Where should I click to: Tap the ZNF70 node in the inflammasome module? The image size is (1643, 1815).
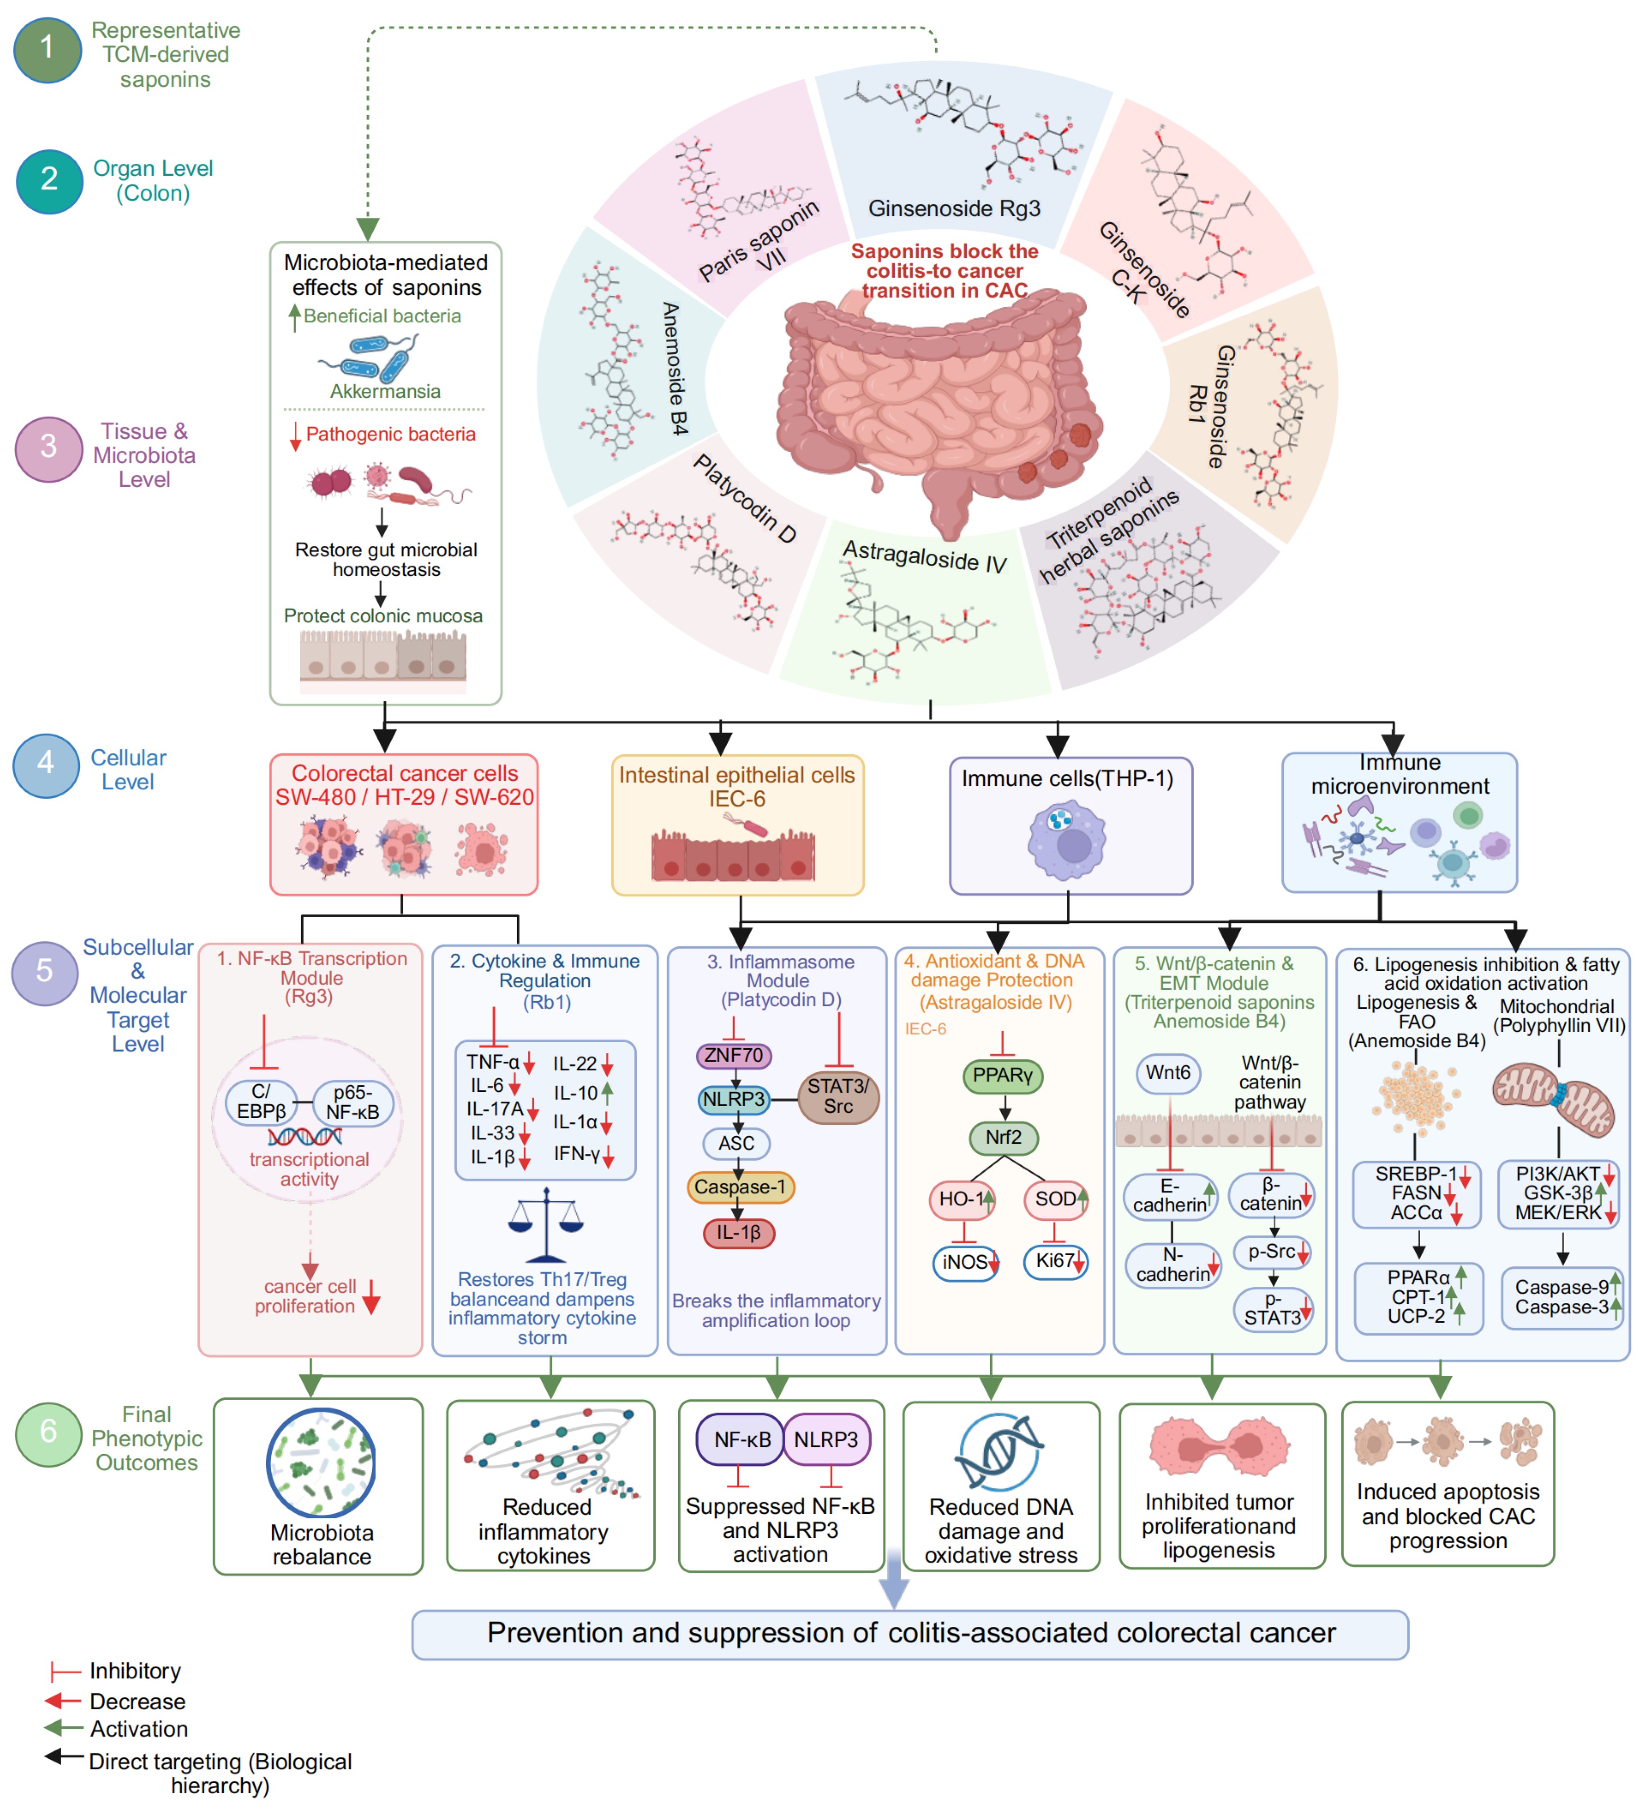(x=734, y=1055)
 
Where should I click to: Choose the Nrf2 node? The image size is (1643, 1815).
(x=1003, y=1137)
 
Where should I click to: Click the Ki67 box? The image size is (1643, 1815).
(x=1056, y=1261)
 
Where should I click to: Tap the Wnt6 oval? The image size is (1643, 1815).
(x=1168, y=1073)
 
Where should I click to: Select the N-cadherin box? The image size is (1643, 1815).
(x=1172, y=1265)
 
